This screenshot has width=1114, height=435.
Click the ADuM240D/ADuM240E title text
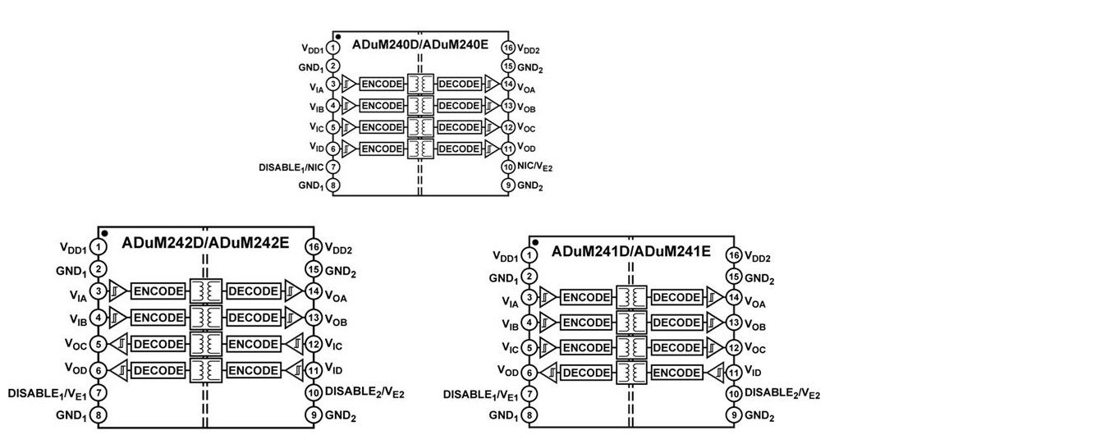420,44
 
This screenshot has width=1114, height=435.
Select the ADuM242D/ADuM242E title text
205,243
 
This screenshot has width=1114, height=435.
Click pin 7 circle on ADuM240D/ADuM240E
333,167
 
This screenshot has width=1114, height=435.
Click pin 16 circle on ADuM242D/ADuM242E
313,247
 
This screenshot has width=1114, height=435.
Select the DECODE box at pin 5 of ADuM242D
158,345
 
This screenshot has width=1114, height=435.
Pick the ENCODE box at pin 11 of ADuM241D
677,373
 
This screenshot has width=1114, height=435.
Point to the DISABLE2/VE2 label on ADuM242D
364,392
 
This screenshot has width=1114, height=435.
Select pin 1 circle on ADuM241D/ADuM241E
530,257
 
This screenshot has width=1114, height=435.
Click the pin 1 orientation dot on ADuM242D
105,234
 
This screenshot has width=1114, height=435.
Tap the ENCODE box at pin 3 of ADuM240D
382,85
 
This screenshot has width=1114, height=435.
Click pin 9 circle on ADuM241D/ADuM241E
736,415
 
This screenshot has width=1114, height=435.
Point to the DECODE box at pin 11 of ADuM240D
459,149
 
